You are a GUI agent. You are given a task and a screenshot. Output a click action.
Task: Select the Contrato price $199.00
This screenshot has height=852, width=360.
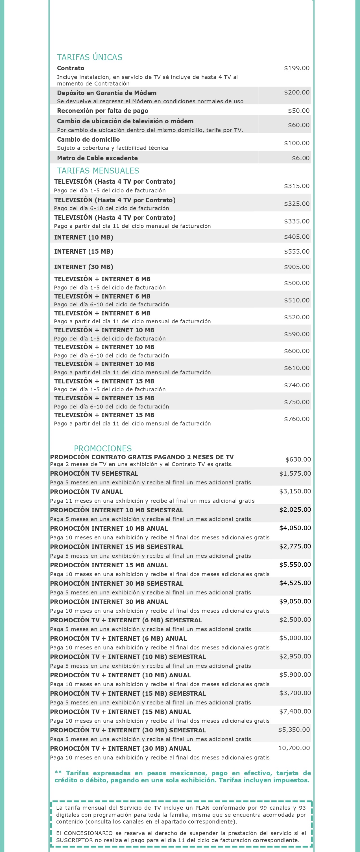tap(296, 68)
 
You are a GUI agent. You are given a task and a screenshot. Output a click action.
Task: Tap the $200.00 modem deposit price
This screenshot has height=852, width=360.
tap(296, 92)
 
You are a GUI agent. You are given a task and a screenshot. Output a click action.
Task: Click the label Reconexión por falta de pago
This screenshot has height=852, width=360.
tap(102, 111)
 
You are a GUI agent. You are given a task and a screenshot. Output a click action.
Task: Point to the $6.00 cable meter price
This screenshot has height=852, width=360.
tap(300, 158)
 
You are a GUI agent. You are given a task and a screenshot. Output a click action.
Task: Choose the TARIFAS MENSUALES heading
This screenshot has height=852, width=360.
tap(98, 171)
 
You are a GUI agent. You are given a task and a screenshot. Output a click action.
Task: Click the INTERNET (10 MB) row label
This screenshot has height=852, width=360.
tap(84, 237)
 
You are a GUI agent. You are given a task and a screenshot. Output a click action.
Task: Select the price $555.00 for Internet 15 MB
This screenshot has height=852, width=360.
tap(296, 251)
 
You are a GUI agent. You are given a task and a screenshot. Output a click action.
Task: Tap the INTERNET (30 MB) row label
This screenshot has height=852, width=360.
tap(84, 267)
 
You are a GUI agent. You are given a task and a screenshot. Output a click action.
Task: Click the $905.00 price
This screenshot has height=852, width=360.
tap(296, 267)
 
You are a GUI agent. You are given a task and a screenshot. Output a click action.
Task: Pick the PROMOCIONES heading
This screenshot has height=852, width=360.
tap(102, 449)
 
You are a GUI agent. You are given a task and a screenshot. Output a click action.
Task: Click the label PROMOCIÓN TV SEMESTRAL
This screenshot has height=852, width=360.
tap(94, 473)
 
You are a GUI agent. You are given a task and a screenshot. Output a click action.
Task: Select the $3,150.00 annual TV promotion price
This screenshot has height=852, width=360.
tap(295, 491)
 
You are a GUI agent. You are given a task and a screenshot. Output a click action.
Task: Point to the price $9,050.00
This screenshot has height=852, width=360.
tap(295, 601)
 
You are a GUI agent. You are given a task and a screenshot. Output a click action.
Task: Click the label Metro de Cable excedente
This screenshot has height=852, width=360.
tap(97, 158)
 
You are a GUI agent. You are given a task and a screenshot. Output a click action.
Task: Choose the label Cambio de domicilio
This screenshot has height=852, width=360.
tap(88, 139)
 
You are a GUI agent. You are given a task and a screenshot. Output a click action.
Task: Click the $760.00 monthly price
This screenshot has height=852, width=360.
tap(296, 419)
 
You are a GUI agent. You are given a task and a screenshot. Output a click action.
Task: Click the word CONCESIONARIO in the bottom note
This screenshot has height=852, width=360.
tap(88, 833)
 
